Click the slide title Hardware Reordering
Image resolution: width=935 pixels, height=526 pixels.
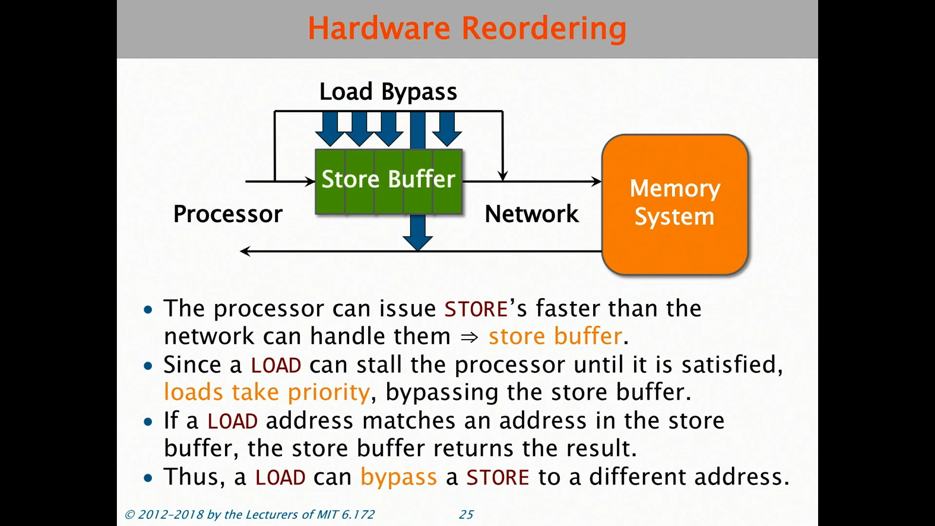[467, 28]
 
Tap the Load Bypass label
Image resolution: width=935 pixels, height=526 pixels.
[388, 92]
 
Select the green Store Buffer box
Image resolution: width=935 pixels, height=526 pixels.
[389, 181]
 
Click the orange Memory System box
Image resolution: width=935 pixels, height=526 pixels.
[675, 205]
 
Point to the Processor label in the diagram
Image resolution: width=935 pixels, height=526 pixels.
[228, 214]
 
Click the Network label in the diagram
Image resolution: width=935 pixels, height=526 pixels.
[532, 214]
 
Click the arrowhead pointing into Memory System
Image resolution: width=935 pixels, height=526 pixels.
[596, 182]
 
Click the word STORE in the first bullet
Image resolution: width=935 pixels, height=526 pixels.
[476, 309]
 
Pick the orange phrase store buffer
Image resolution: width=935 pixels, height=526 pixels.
[555, 337]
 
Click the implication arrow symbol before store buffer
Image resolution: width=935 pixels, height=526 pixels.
[469, 337]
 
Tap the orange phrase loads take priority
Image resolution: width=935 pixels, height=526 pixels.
[267, 393]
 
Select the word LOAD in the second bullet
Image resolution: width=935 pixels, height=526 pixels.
[276, 365]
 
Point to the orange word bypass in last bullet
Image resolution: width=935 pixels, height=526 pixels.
[398, 477]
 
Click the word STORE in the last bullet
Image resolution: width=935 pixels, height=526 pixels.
[497, 477]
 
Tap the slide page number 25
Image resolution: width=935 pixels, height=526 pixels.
[466, 514]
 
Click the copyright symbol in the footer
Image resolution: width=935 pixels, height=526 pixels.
[130, 515]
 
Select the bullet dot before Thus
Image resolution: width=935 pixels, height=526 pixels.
[148, 478]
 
